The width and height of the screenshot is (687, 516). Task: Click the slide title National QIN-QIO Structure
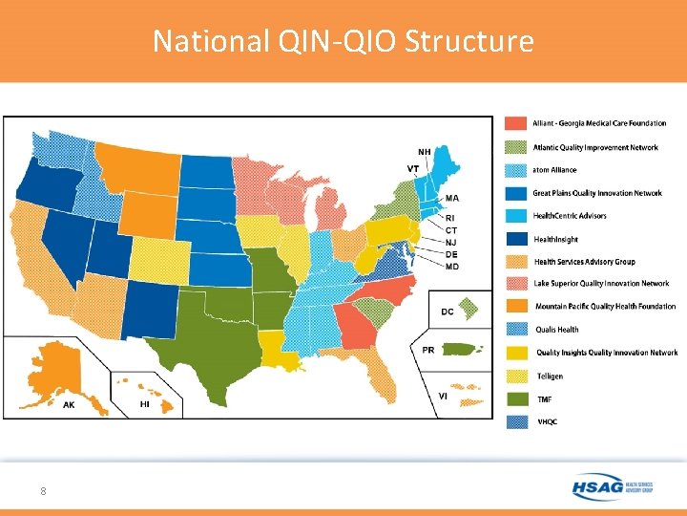pos(343,41)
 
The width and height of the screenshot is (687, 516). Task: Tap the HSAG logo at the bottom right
pos(612,486)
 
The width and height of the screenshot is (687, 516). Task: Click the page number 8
pos(43,491)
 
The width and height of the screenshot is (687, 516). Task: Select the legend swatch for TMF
pos(514,398)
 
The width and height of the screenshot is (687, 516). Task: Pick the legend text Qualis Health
pos(558,330)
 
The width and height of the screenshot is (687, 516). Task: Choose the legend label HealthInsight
pos(556,239)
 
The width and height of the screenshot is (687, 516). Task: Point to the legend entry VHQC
pos(547,421)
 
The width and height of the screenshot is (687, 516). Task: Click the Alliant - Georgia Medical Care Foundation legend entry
pos(599,123)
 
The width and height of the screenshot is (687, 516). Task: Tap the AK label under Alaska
pos(69,405)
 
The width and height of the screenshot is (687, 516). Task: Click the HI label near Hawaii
pos(145,404)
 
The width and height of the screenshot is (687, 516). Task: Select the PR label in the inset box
pos(428,350)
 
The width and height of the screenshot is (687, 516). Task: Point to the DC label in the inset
pos(448,312)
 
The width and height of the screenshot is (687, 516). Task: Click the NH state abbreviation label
pos(424,151)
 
